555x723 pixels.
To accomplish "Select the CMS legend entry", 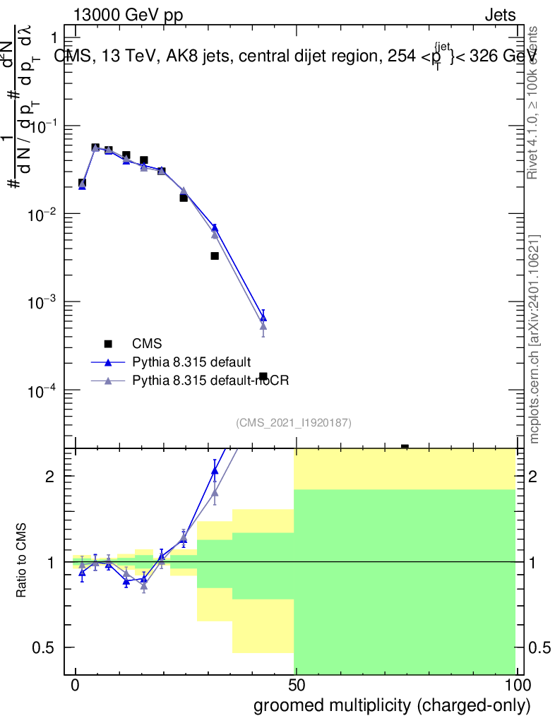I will click(147, 344).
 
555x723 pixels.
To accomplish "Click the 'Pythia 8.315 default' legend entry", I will click(191, 362).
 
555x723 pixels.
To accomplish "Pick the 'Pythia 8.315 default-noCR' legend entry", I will click(211, 381).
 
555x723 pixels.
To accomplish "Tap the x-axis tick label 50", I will click(296, 686).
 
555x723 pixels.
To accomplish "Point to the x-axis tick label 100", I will click(516, 686).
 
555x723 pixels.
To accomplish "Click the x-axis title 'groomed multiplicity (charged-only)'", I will click(391, 705).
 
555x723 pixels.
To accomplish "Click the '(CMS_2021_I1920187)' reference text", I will click(294, 422).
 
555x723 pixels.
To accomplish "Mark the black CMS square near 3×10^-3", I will click(215, 256).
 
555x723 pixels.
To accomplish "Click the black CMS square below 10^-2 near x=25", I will click(184, 198).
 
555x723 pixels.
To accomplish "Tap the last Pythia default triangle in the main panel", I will click(263, 318).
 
